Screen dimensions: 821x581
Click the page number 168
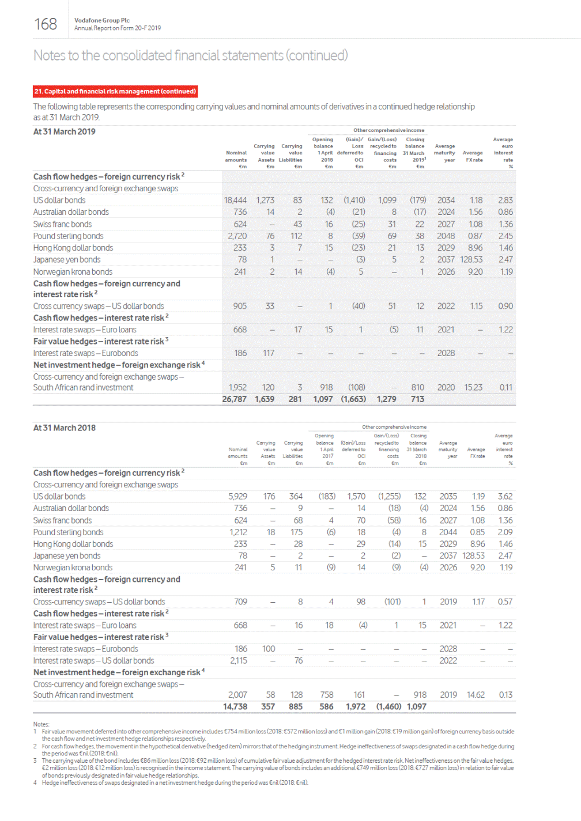pos(46,24)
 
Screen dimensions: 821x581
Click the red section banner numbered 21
pos(115,92)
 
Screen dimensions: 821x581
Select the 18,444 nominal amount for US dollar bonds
pos(235,200)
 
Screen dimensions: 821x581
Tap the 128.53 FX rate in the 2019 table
pos(471,260)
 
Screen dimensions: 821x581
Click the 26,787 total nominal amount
pos(234,399)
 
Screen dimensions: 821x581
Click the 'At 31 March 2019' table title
pos(65,132)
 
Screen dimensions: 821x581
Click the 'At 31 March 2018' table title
pos(65,428)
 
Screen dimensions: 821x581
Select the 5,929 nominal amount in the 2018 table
pos(237,497)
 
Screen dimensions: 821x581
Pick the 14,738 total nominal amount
pos(235,707)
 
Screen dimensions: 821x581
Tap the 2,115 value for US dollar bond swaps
pos(239,661)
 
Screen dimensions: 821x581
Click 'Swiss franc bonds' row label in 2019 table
pos(62,225)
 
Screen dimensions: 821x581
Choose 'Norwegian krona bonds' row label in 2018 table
pos(73,568)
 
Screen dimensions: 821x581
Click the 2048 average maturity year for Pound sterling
pos(446,236)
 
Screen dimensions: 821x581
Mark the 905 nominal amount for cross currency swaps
pos(240,307)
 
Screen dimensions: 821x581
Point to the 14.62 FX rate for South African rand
pos(476,695)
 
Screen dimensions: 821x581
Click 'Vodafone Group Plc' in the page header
pos(102,20)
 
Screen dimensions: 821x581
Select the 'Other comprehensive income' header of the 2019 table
pos(388,131)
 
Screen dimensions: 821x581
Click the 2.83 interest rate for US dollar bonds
pos(505,200)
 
